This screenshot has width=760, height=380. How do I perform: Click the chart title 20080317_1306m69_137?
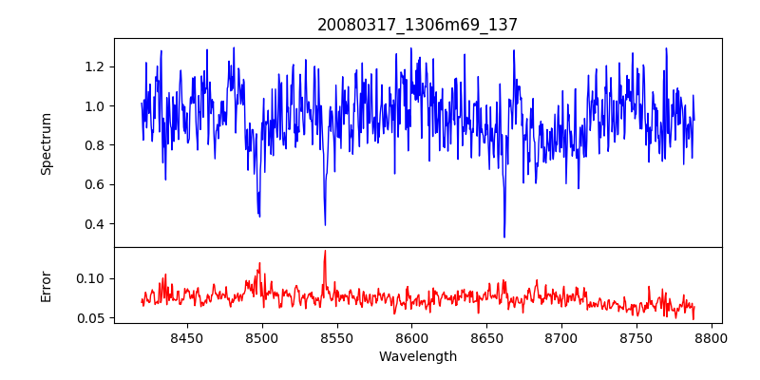pos(418,26)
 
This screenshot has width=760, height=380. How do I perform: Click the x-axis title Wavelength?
pos(418,356)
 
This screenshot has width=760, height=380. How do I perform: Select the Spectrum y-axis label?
pos(46,143)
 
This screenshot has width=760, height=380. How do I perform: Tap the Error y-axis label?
pos(46,285)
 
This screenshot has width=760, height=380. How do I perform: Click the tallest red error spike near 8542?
pos(325,251)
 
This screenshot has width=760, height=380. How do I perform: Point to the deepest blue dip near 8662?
pos(504,237)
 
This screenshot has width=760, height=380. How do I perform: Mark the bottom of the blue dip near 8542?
pos(325,225)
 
